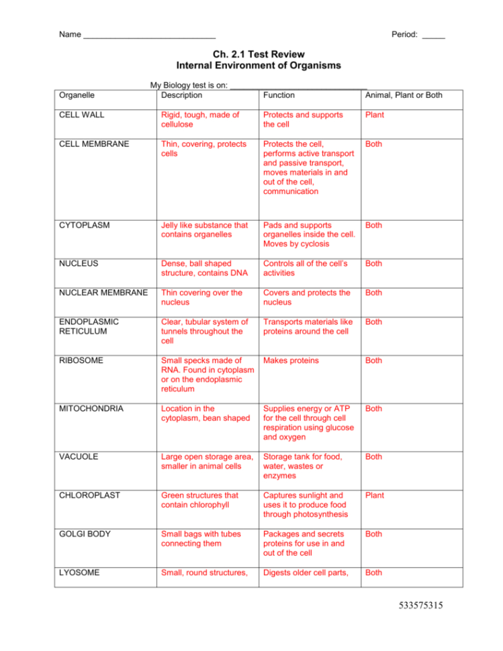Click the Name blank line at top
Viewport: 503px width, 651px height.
[149, 35]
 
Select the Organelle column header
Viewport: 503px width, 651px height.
[77, 95]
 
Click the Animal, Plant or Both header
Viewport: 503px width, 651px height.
[403, 95]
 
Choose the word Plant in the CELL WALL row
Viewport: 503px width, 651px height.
[375, 115]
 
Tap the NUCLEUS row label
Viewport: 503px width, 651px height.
[79, 264]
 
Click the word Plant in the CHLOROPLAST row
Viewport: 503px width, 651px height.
[375, 495]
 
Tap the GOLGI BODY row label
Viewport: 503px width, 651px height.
[85, 534]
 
